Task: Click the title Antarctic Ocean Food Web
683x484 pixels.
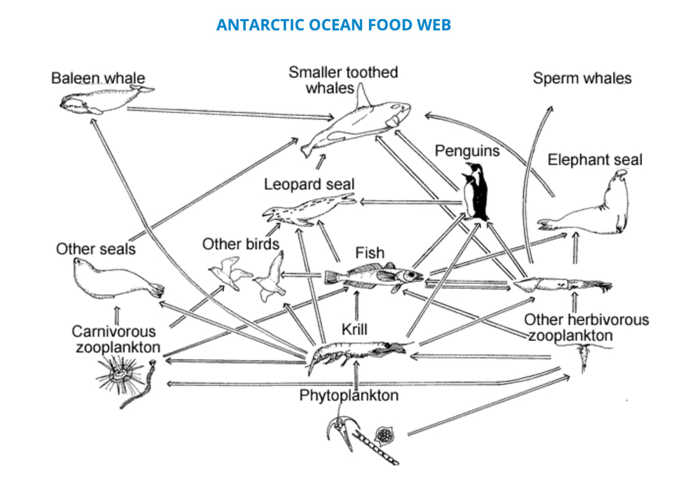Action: pyautogui.click(x=333, y=25)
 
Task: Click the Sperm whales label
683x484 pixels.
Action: pyautogui.click(x=582, y=78)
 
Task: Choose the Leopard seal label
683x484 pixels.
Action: pyautogui.click(x=309, y=185)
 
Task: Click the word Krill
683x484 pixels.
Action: pyautogui.click(x=356, y=328)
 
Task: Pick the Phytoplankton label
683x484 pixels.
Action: pyautogui.click(x=348, y=395)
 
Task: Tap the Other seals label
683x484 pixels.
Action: pyautogui.click(x=96, y=249)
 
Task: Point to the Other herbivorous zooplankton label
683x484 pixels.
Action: pyautogui.click(x=586, y=327)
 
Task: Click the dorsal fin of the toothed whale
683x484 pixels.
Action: pyautogui.click(x=364, y=96)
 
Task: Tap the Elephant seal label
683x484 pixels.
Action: pyautogui.click(x=594, y=160)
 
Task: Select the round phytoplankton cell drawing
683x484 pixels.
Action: pyautogui.click(x=384, y=434)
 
